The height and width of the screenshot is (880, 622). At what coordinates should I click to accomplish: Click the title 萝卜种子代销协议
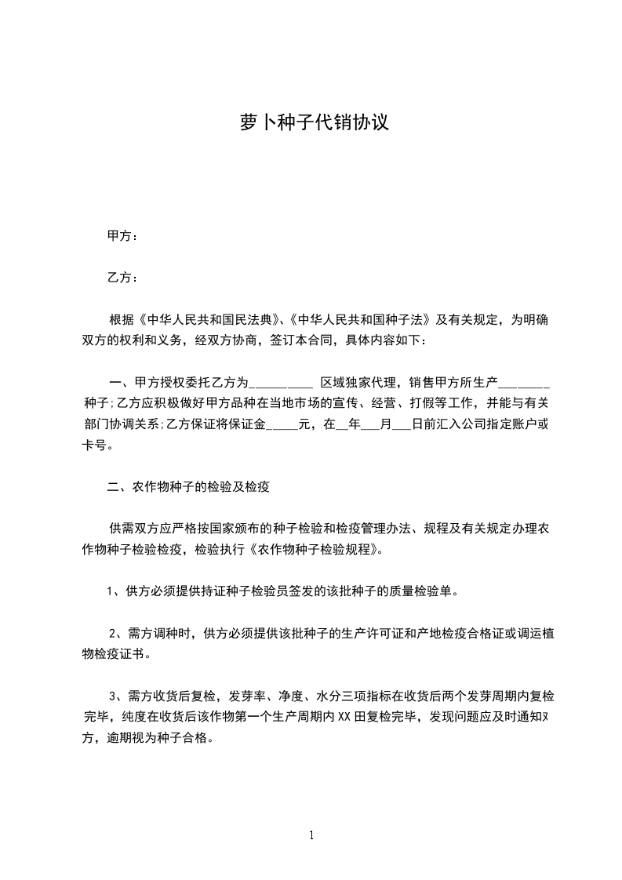314,123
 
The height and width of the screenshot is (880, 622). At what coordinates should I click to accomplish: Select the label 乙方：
122,278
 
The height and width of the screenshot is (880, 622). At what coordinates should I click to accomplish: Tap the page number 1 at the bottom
311,835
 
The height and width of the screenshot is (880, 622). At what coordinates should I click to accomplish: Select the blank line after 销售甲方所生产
524,384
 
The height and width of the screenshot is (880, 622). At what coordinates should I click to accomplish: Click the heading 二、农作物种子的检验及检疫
188,487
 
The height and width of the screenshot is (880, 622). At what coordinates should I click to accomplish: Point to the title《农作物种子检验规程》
315,550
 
